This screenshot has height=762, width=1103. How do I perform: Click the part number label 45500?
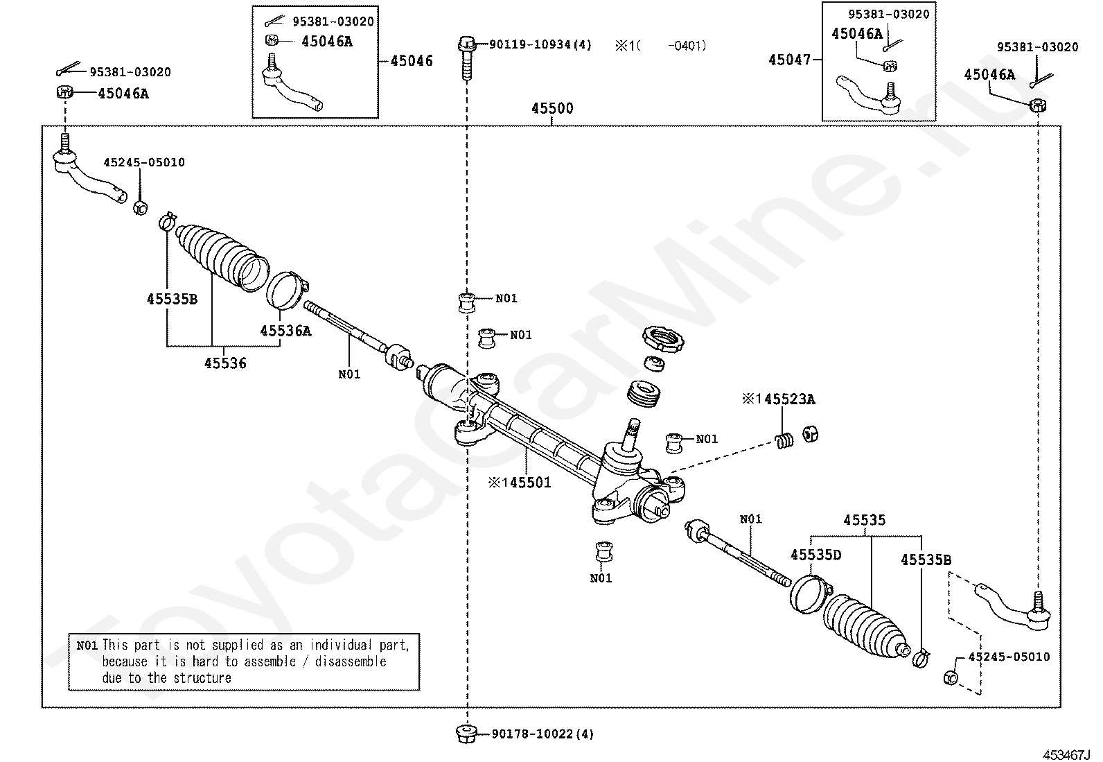552,109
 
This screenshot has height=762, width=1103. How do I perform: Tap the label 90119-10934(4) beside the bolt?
540,45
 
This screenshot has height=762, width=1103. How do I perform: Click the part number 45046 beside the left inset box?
412,61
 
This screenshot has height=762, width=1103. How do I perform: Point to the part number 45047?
789,60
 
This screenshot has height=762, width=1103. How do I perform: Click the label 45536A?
285,331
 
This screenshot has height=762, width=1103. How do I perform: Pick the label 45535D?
816,554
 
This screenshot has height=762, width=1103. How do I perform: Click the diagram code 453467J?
1068,754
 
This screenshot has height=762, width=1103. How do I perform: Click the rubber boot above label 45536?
222,253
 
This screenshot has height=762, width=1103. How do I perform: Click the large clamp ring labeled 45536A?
286,291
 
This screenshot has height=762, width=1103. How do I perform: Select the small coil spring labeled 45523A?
784,440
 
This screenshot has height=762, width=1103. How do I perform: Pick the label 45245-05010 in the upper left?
144,162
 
